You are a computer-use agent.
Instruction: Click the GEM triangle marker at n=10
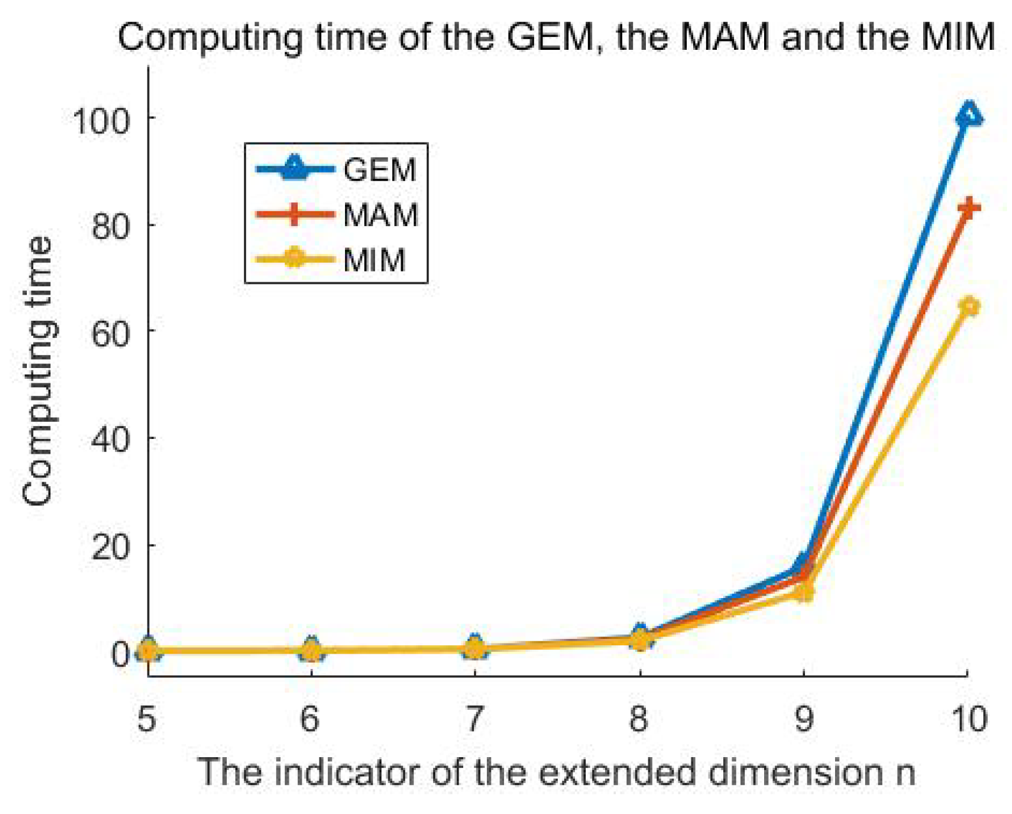click(x=969, y=115)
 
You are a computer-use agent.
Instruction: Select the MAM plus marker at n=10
click(x=969, y=208)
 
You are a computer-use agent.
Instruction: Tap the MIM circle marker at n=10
click(x=969, y=307)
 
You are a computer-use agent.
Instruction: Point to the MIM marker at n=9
click(x=804, y=593)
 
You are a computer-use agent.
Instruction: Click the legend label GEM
click(x=379, y=170)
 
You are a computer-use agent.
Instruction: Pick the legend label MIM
click(x=374, y=260)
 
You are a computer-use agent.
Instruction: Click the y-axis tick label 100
click(x=102, y=119)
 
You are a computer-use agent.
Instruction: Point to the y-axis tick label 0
click(x=120, y=654)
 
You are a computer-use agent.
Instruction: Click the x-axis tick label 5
click(x=146, y=719)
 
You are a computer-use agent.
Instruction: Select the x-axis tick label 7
click(x=473, y=719)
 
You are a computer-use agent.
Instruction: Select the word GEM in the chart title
click(x=549, y=37)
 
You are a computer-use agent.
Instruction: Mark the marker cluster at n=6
click(x=311, y=650)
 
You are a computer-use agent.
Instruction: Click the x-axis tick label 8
click(x=638, y=719)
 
